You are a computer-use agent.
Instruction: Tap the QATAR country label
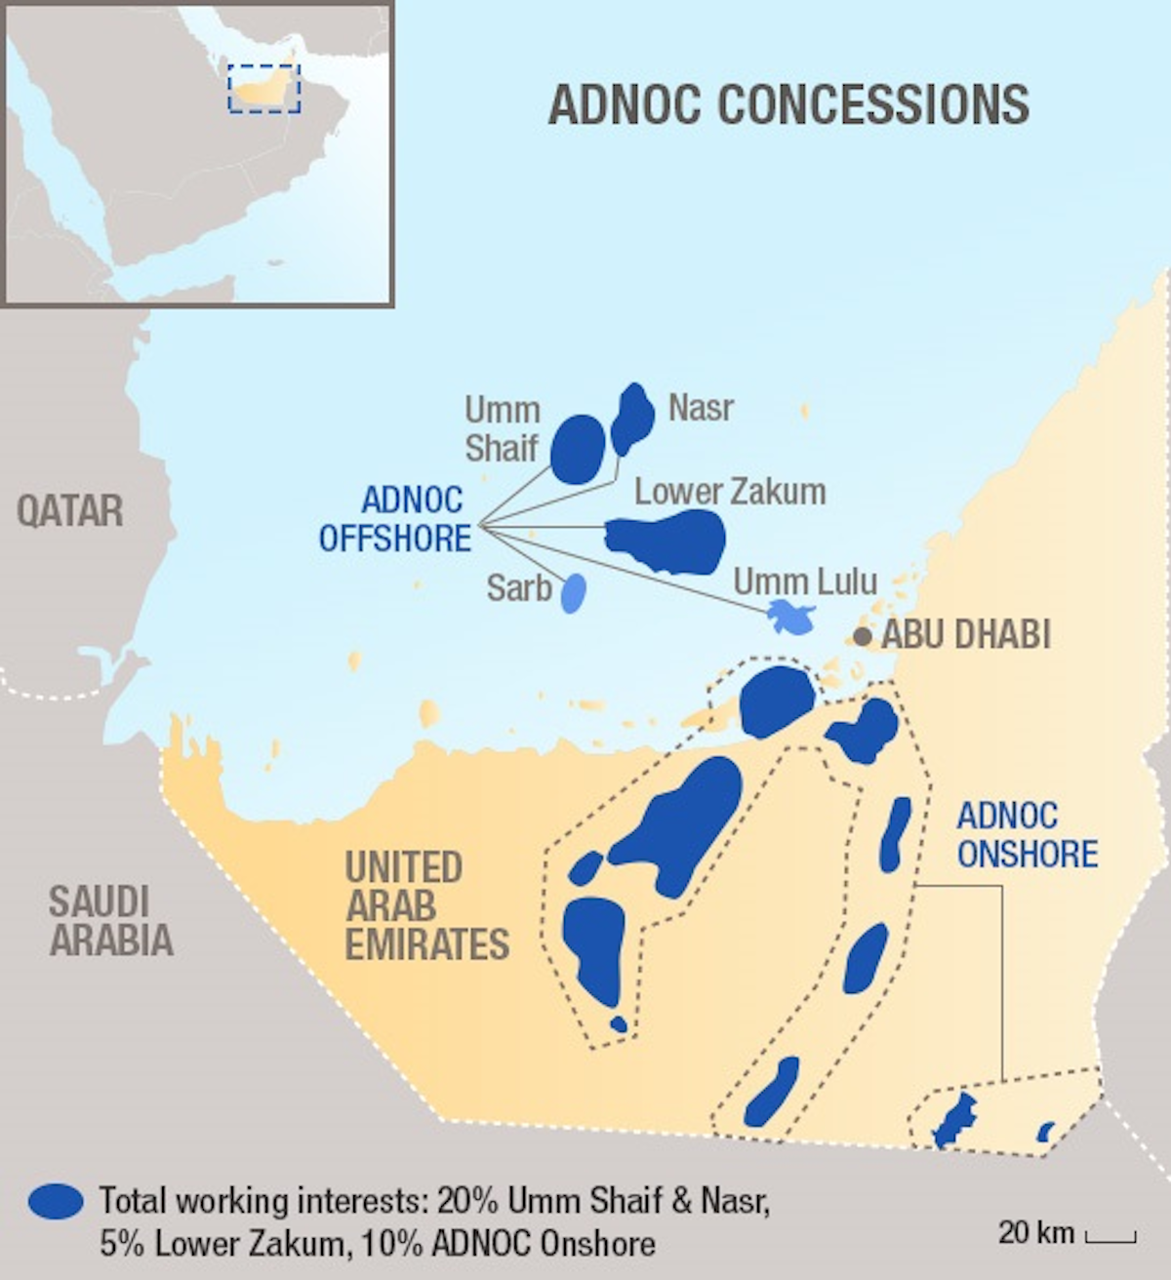[x=69, y=511]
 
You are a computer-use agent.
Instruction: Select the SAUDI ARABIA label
[x=111, y=921]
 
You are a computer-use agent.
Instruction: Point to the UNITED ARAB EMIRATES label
[x=426, y=906]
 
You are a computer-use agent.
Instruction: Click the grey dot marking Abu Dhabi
[x=862, y=637]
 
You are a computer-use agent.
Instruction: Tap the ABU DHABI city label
[x=966, y=635]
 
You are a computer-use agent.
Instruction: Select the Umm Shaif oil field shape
[x=577, y=449]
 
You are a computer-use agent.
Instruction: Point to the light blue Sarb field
[x=575, y=592]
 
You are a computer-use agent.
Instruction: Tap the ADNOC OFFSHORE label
[x=396, y=519]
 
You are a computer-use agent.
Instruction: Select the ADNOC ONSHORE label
[x=1027, y=835]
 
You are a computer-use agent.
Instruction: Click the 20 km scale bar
[x=1110, y=1237]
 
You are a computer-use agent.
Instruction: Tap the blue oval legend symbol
[x=56, y=1201]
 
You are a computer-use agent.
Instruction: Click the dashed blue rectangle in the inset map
[x=264, y=89]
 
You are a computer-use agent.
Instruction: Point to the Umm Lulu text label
[x=805, y=581]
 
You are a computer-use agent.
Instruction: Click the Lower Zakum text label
[x=730, y=492]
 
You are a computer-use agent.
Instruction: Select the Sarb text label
[x=519, y=588]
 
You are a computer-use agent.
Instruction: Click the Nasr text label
[x=701, y=408]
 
